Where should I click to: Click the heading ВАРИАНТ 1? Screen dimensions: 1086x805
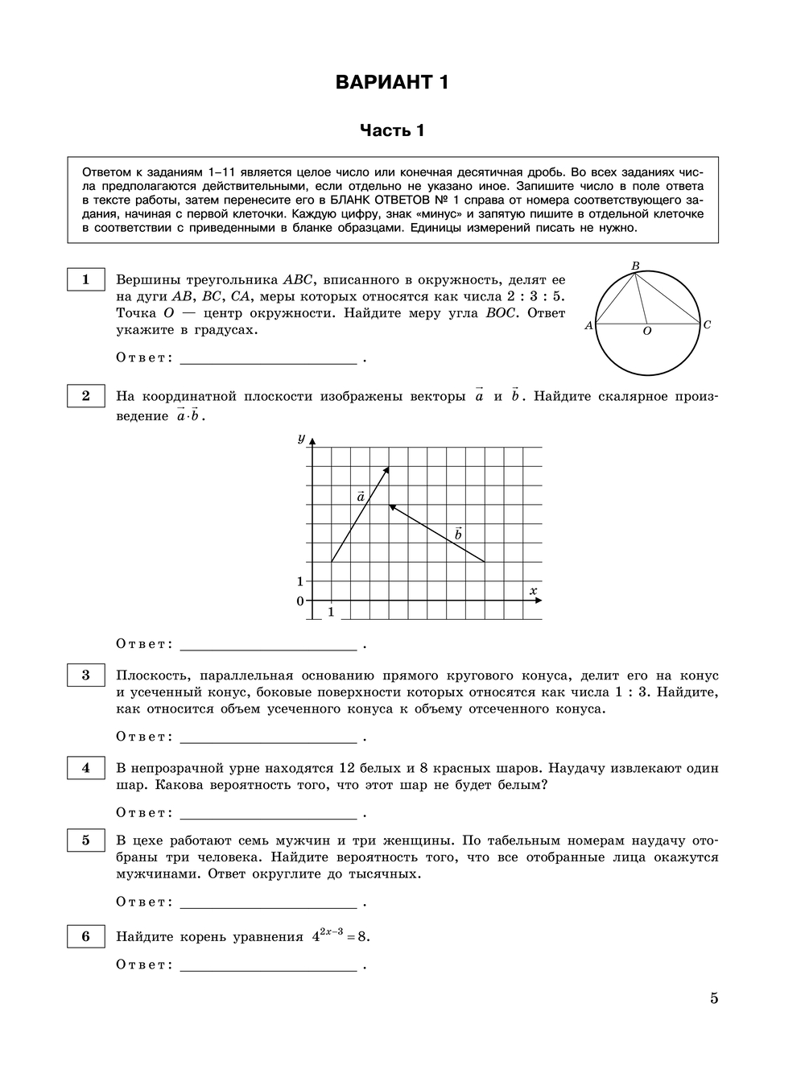tap(391, 82)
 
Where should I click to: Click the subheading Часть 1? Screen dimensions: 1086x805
tap(391, 130)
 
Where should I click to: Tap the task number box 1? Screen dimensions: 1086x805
tap(86, 280)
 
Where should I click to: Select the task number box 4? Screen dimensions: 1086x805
tap(86, 768)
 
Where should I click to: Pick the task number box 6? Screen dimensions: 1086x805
tap(86, 936)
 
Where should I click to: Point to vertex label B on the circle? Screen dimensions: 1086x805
tap(635, 266)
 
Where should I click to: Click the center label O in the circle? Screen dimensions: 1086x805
tap(647, 332)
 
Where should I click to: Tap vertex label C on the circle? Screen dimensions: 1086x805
tap(707, 325)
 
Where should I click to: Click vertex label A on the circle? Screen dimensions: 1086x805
tap(588, 326)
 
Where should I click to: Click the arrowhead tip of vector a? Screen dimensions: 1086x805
tap(389, 468)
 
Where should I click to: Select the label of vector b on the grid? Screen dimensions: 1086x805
tap(458, 534)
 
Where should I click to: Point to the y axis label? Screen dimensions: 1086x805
tap(301, 438)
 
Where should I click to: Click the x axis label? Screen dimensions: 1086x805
tap(533, 591)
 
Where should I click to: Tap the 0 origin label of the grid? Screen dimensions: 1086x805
tap(300, 601)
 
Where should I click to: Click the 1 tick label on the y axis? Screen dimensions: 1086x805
tap(300, 581)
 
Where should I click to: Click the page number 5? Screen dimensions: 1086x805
tap(714, 999)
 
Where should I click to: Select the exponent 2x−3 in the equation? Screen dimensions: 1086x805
tap(332, 931)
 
